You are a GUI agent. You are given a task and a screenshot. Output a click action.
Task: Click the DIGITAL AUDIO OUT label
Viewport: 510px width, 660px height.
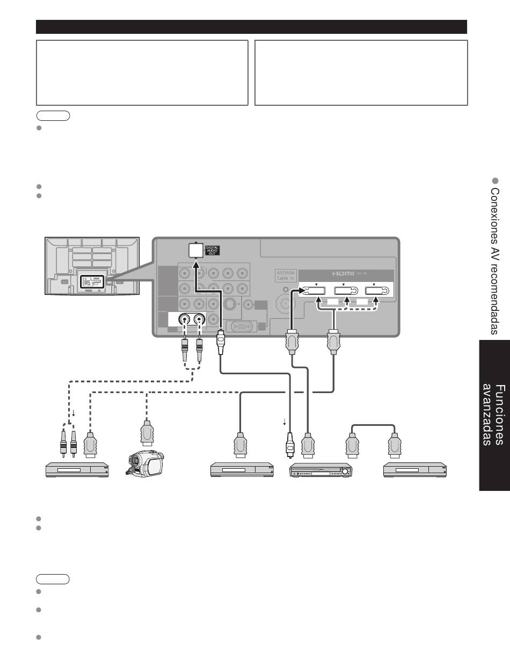click(x=212, y=251)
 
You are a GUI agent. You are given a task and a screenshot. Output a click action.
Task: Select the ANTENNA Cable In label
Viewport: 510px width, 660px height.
click(x=286, y=275)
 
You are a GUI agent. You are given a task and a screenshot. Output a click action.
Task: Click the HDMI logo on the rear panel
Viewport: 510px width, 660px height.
click(x=343, y=274)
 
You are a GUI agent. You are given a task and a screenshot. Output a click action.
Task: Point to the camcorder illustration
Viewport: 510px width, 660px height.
click(x=145, y=463)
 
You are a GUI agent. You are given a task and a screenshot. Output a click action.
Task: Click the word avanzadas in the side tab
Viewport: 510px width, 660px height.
click(x=487, y=415)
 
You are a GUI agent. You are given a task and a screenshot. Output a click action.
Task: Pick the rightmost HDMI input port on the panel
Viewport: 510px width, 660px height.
click(x=377, y=291)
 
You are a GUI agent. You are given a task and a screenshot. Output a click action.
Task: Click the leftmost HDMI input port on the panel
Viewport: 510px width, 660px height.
click(x=314, y=291)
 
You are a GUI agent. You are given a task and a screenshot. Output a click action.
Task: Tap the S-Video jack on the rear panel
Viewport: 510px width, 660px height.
click(x=230, y=303)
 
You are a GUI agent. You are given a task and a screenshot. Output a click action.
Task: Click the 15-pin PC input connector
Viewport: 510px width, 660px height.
click(x=242, y=327)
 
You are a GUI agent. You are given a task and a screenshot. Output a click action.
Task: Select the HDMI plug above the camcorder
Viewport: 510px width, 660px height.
click(x=147, y=433)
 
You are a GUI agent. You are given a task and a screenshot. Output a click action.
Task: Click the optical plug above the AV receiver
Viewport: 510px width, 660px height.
click(x=290, y=445)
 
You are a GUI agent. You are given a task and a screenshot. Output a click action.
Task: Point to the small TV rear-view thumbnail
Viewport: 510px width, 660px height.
click(x=92, y=266)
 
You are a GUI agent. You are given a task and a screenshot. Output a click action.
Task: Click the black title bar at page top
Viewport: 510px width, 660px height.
click(x=251, y=27)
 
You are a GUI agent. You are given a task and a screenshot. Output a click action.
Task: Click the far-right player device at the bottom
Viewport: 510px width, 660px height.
click(x=414, y=469)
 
